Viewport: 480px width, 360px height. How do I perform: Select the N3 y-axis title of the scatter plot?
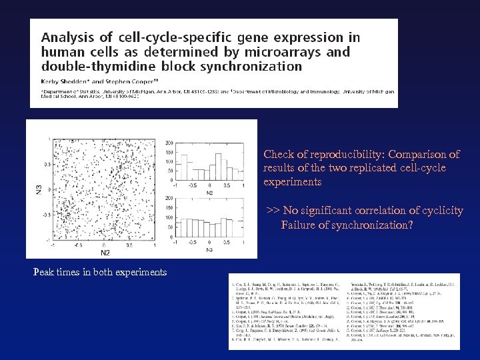(x=38, y=189)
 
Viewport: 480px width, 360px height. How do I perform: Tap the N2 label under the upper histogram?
(x=209, y=192)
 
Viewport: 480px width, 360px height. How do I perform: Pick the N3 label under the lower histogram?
(x=209, y=249)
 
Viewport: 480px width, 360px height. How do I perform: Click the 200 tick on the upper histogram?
(x=170, y=142)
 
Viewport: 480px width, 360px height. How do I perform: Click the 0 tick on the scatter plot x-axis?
(x=105, y=245)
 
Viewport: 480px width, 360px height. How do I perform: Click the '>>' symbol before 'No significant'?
(x=273, y=211)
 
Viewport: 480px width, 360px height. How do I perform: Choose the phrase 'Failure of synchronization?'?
(x=347, y=225)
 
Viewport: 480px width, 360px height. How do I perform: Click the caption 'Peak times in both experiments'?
(x=100, y=272)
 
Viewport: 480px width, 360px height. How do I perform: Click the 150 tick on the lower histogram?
(x=170, y=208)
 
